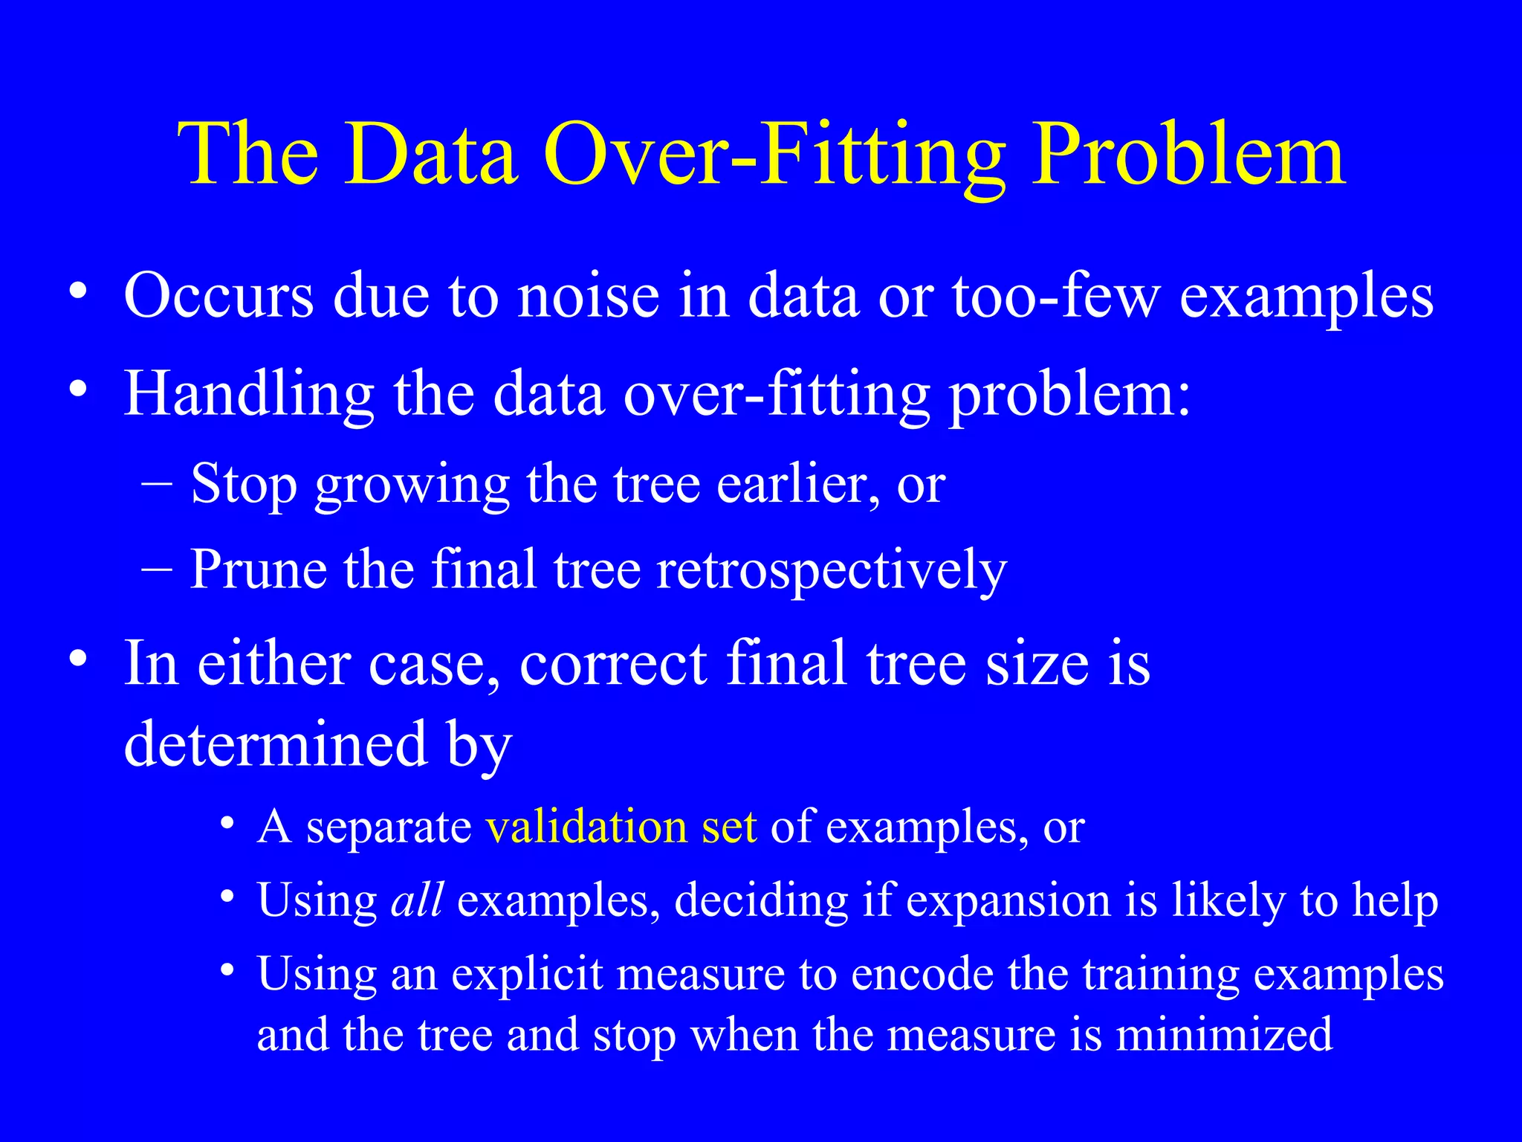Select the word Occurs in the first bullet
(218, 296)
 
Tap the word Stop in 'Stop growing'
(244, 485)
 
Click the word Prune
(258, 570)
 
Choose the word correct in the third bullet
(612, 663)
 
